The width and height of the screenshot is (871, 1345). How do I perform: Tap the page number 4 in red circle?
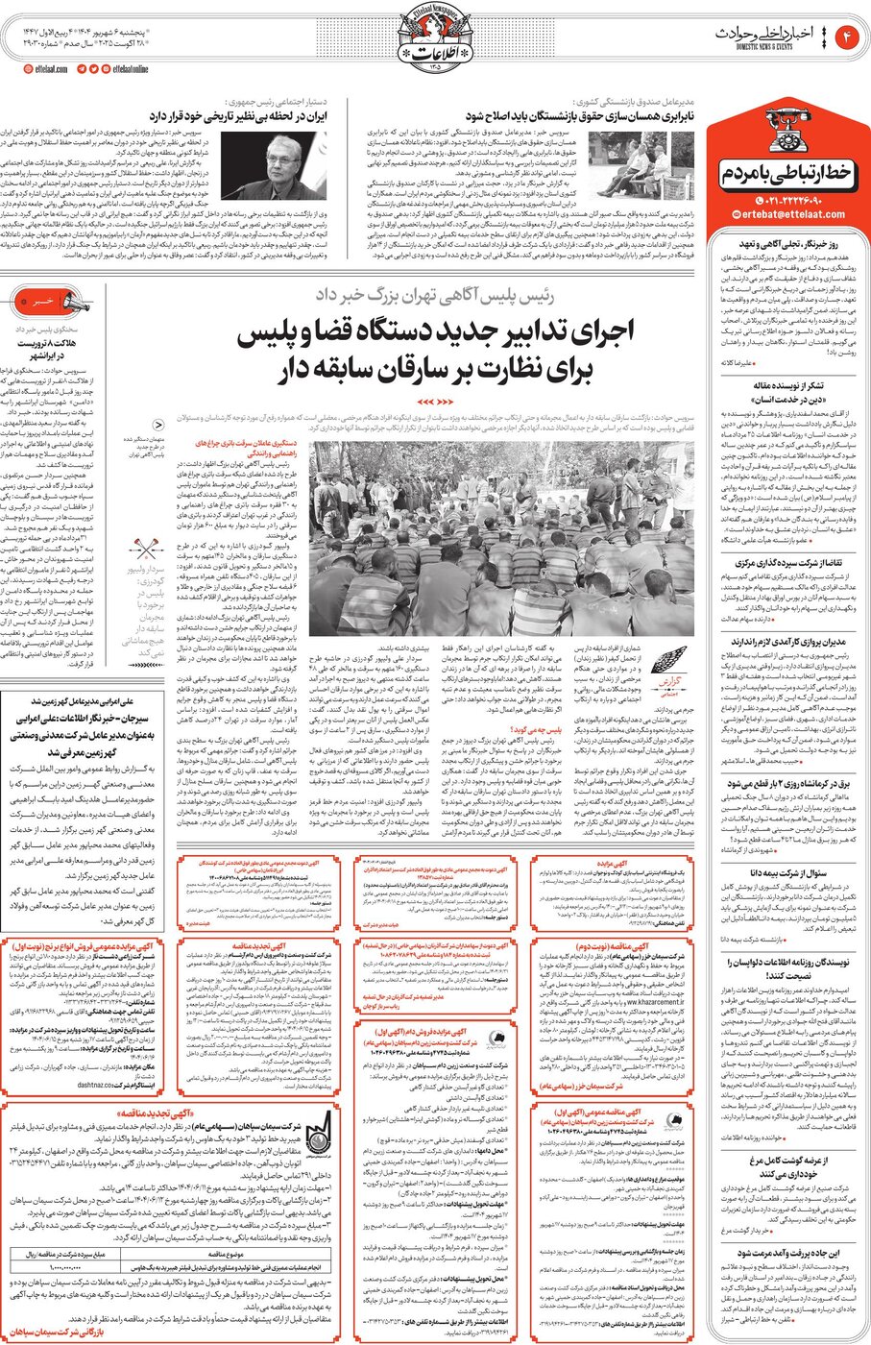[x=849, y=37]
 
